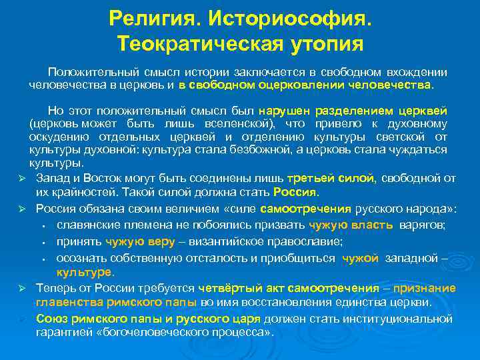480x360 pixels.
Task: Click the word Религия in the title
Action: tap(145, 19)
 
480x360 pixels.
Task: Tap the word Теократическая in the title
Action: tap(198, 45)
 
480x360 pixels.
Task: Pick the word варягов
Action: tap(423, 225)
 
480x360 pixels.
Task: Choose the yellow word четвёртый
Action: tap(225, 288)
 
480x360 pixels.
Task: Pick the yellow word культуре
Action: tap(85, 273)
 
